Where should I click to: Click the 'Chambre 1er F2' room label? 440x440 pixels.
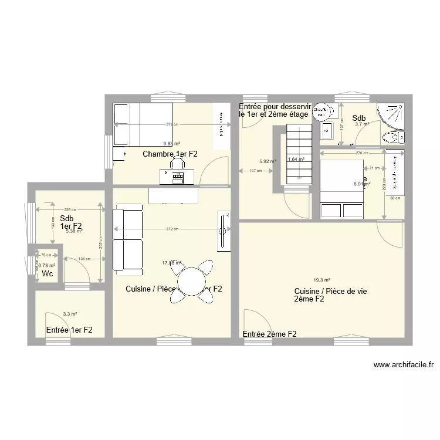pyautogui.click(x=170, y=154)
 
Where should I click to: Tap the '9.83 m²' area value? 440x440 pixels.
pyautogui.click(x=172, y=143)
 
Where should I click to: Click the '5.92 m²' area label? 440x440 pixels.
pyautogui.click(x=267, y=161)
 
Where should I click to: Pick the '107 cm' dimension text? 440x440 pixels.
pyautogui.click(x=256, y=171)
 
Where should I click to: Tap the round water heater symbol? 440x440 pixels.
pyautogui.click(x=320, y=111)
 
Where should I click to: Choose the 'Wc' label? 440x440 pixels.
pyautogui.click(x=47, y=274)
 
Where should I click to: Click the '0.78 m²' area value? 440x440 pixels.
pyautogui.click(x=47, y=265)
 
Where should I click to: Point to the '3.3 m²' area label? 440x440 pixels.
pyautogui.click(x=70, y=314)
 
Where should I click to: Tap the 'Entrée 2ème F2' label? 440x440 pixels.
pyautogui.click(x=269, y=334)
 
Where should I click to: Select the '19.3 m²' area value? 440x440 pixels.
pyautogui.click(x=321, y=280)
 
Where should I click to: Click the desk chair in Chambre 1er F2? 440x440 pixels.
pyautogui.click(x=177, y=164)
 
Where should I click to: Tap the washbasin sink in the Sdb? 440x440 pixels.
pyautogui.click(x=327, y=130)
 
